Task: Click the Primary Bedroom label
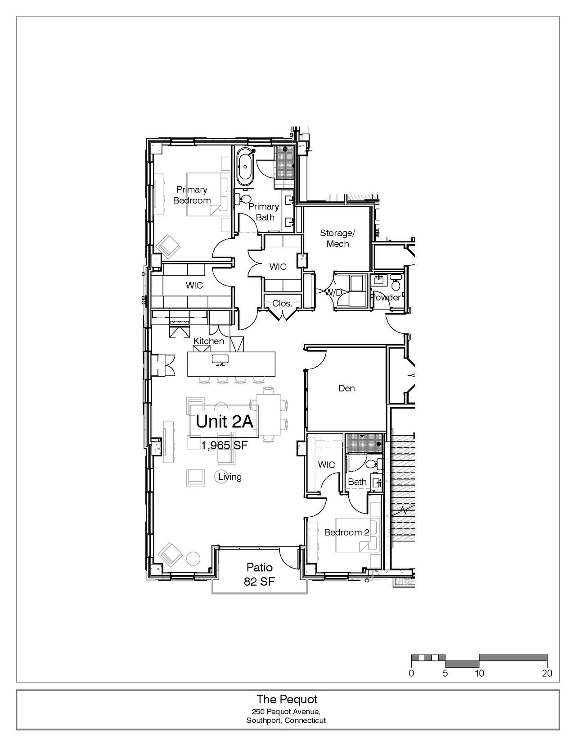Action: click(192, 195)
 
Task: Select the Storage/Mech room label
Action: click(337, 238)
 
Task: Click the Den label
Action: click(346, 388)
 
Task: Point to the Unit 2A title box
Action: click(225, 421)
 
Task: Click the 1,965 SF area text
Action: click(224, 445)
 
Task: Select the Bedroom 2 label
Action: click(346, 532)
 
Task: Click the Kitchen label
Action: click(208, 341)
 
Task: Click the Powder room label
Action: click(386, 297)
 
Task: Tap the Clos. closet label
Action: click(282, 304)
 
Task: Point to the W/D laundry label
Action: click(333, 292)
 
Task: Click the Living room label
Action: click(230, 477)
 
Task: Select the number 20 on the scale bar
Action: click(547, 673)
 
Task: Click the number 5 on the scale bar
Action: click(445, 673)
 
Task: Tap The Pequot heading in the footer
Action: click(287, 699)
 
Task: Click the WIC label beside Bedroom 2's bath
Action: click(326, 464)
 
